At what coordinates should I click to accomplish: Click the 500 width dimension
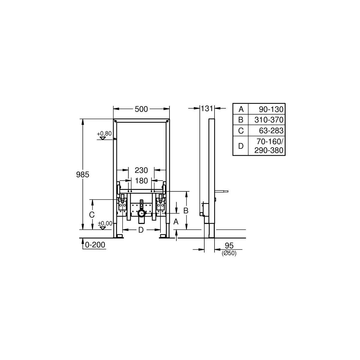coord(141,109)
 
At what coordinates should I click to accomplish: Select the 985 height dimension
coord(82,175)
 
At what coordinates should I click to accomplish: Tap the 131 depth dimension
coord(207,109)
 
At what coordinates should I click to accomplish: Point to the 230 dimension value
coord(141,170)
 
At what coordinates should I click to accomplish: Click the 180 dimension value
coord(141,181)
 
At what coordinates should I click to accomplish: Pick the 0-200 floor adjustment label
coord(95,245)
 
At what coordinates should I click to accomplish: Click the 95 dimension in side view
coord(229,245)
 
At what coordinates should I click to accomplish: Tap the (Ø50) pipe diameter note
coord(229,253)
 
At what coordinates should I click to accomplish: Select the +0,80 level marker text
coord(104,133)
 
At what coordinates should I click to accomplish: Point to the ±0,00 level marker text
coord(105,223)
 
